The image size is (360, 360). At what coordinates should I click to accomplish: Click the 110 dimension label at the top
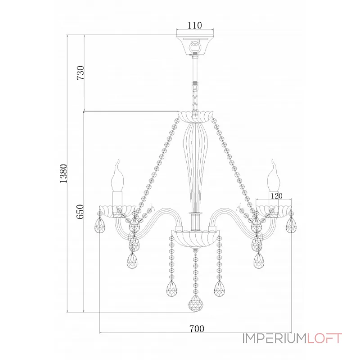tap(195, 25)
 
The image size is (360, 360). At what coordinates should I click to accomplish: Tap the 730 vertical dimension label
tap(81, 72)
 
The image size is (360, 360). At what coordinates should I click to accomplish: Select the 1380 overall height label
tap(63, 174)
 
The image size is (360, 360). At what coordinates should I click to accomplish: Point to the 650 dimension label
tap(81, 211)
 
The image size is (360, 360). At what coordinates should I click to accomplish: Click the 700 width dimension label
tap(197, 329)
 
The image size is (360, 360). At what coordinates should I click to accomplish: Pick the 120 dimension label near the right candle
tap(276, 196)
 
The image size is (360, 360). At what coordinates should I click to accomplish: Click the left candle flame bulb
tap(117, 176)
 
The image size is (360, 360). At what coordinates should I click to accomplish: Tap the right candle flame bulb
tap(274, 176)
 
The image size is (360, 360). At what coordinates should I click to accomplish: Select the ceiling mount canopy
tap(195, 45)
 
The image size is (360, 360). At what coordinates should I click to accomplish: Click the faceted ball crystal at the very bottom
tap(195, 303)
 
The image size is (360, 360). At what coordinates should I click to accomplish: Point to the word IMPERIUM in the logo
tap(274, 338)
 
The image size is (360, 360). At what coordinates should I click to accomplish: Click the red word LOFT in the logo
tap(324, 338)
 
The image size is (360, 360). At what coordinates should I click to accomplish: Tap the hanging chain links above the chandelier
tap(195, 98)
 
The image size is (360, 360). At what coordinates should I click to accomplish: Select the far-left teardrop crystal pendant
tap(99, 225)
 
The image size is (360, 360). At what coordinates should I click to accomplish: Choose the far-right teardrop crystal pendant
tap(291, 225)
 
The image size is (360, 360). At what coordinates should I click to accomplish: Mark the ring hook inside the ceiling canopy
tap(195, 46)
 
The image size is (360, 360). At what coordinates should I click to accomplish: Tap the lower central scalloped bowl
tap(195, 239)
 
